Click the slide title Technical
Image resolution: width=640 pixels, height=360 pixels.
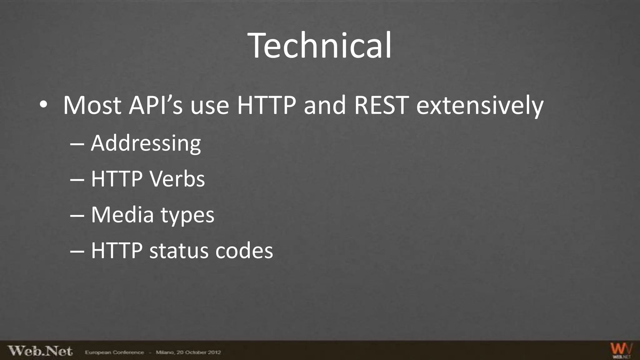[319, 46]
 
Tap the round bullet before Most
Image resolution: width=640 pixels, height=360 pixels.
[43, 105]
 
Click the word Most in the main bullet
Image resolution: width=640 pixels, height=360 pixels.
[92, 105]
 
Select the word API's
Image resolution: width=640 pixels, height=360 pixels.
[156, 105]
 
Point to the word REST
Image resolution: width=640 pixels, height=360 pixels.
[381, 105]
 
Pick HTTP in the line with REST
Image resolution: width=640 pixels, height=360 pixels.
[266, 105]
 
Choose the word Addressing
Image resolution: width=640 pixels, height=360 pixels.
[146, 144]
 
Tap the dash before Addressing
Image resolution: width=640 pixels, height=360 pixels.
[77, 144]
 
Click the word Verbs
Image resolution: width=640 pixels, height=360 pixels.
[177, 179]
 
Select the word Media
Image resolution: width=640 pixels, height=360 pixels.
[122, 215]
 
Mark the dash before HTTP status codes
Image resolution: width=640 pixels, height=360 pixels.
[77, 252]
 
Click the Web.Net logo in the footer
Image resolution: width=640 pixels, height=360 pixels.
[40, 351]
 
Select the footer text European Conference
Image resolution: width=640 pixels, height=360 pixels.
[114, 352]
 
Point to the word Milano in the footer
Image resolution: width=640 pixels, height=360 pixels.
[165, 352]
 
